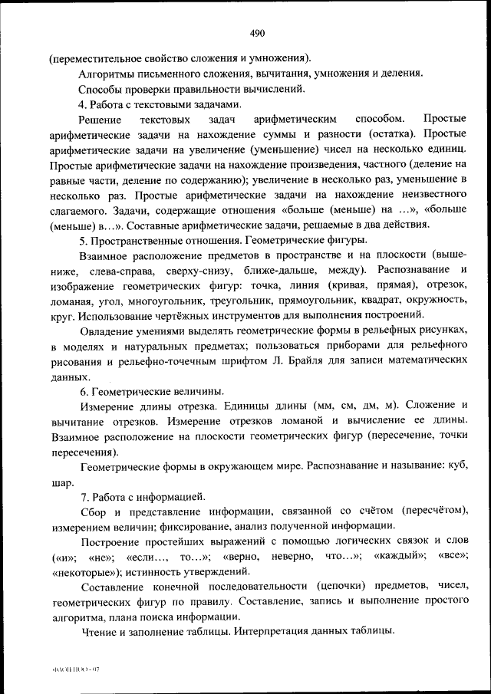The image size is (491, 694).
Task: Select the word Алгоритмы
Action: (108, 74)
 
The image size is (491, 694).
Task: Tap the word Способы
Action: (101, 89)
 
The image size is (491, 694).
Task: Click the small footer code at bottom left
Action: (74, 669)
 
